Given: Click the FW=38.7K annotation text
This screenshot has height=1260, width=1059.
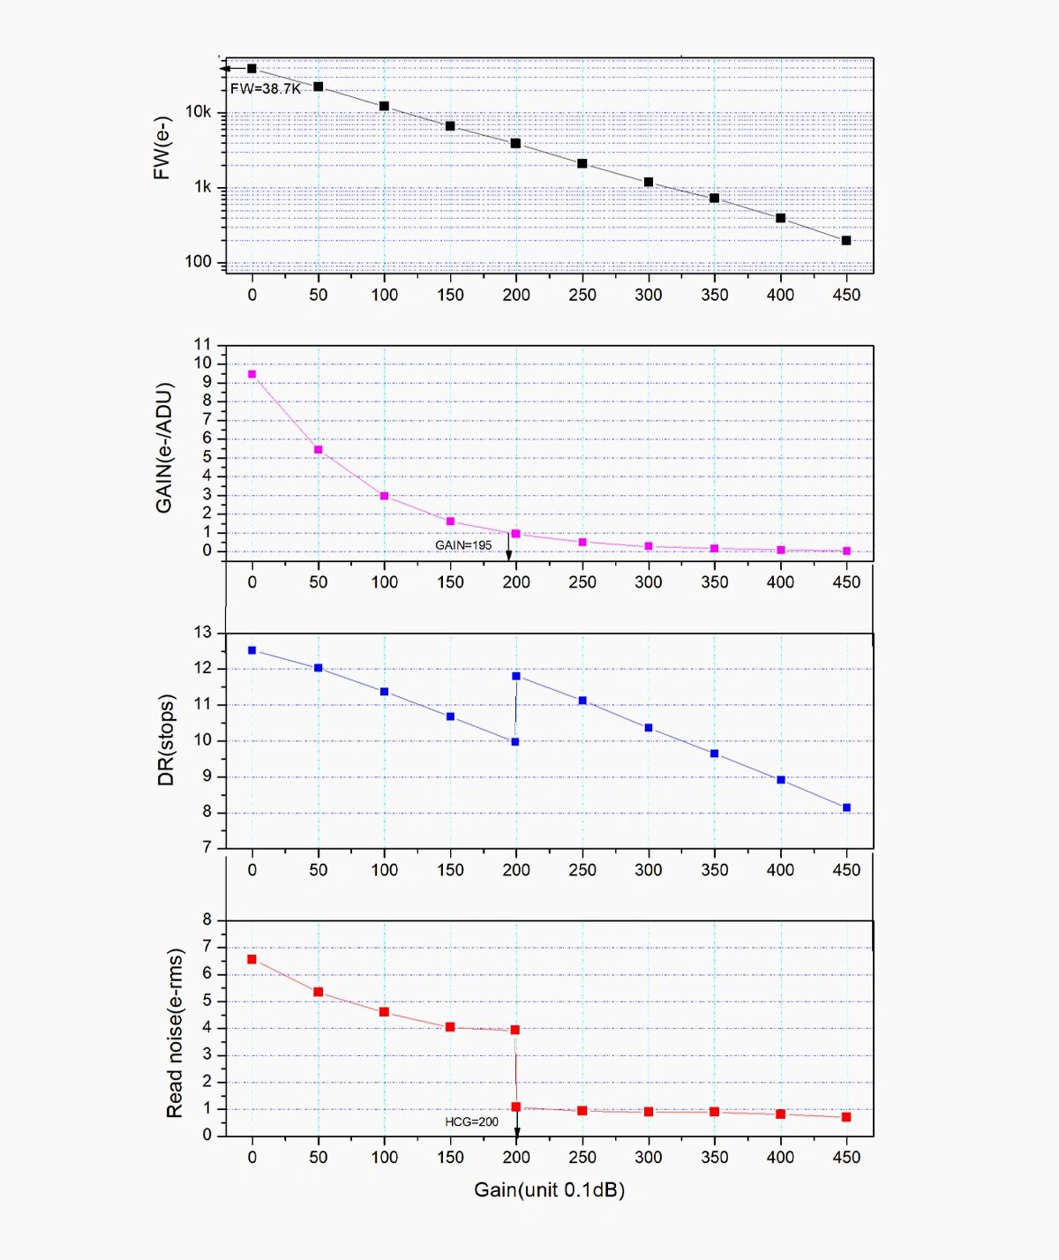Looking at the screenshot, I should tap(266, 89).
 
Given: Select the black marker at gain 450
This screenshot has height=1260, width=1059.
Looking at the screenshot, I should tap(846, 240).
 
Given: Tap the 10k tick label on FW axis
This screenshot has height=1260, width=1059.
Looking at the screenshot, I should tap(198, 112).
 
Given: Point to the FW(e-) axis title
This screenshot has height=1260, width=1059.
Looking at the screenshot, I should tap(161, 148).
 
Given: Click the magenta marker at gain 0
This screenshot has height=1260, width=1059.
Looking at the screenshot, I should tap(252, 374).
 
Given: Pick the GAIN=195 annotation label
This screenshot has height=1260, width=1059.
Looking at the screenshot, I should tap(463, 545).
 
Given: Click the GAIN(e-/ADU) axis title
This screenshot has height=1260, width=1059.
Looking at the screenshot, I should tap(164, 447).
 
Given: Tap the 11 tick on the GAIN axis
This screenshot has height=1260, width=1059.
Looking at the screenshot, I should tap(203, 344).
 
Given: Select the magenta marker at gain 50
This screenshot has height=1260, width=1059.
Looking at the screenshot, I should tap(319, 450).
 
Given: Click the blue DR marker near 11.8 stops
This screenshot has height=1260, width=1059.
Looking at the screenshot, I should tap(516, 676).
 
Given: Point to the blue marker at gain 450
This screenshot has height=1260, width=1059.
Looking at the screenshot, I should tap(846, 807).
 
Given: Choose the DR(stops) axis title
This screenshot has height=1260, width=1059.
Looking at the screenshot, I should tap(167, 739).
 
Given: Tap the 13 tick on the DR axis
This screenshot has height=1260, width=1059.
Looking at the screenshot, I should tap(203, 633).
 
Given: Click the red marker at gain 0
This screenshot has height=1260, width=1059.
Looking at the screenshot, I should tap(252, 959).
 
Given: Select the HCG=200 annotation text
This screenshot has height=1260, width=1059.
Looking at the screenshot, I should tap(471, 1122).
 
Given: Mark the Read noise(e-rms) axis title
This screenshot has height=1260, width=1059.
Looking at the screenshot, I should tap(175, 1033).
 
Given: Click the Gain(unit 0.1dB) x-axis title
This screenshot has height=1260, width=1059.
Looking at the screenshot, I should tap(549, 1190).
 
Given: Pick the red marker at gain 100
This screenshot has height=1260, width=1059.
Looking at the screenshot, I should tap(384, 1012).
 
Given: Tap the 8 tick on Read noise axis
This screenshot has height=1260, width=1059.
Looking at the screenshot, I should tap(207, 919).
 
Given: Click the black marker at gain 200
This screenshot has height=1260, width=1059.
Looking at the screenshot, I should tap(515, 143).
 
